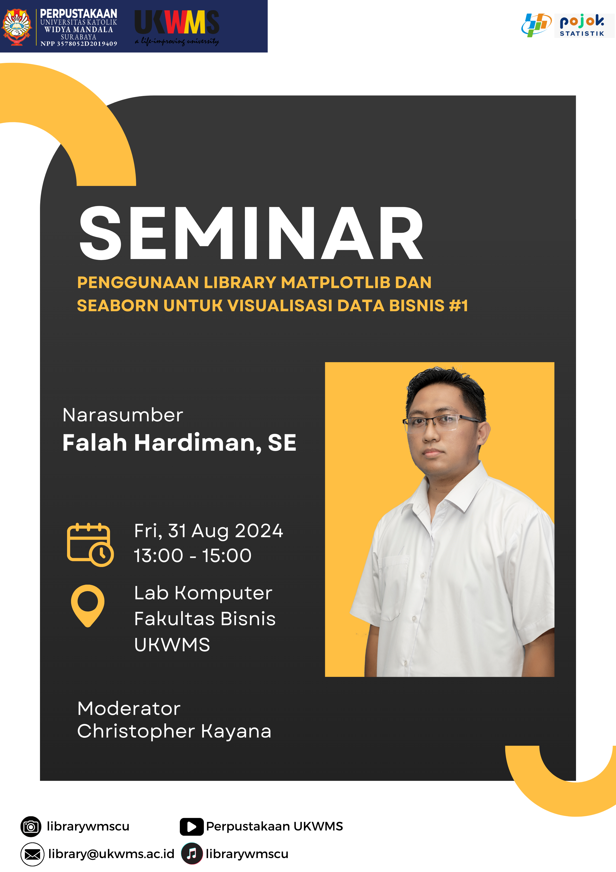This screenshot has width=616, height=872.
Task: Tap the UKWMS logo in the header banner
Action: [x=177, y=27]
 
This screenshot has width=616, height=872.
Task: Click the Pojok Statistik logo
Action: [x=568, y=25]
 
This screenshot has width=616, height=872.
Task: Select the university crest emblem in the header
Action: [x=16, y=27]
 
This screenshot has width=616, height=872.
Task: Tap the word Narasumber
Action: [x=123, y=415]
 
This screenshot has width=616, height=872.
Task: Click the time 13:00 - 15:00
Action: [x=192, y=556]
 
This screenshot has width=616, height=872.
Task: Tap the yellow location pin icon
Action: [x=88, y=606]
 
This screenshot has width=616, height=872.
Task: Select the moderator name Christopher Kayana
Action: [x=174, y=731]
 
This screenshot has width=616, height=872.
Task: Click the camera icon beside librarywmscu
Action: [x=31, y=827]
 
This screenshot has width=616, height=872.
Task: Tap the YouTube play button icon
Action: [x=192, y=827]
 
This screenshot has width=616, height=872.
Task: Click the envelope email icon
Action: [x=32, y=854]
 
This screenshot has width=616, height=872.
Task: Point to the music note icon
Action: [x=192, y=854]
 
